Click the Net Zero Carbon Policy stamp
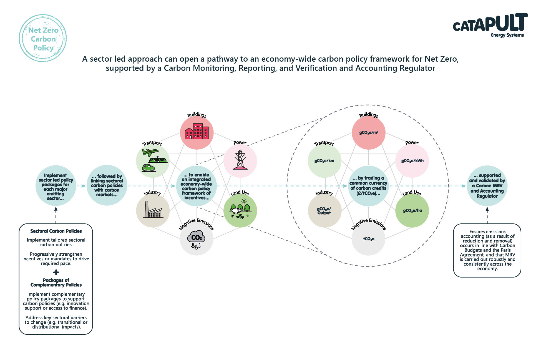[43, 38]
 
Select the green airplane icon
[150, 152]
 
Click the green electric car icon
[148, 168]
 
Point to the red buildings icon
[197, 131]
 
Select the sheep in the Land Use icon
[236, 211]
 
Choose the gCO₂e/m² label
[369, 133]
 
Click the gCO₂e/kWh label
[412, 161]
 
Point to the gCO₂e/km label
[324, 161]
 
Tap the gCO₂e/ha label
[412, 211]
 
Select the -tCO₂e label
[368, 239]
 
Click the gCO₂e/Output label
[324, 211]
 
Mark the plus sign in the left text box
[56, 272]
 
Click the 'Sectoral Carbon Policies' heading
[56, 231]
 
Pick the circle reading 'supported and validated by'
[487, 186]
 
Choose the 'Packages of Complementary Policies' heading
[56, 283]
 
